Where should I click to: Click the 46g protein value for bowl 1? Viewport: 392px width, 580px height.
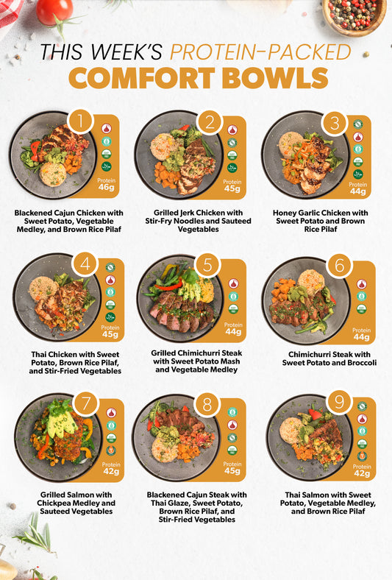106,187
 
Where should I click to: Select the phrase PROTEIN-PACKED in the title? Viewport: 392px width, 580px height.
260,52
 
